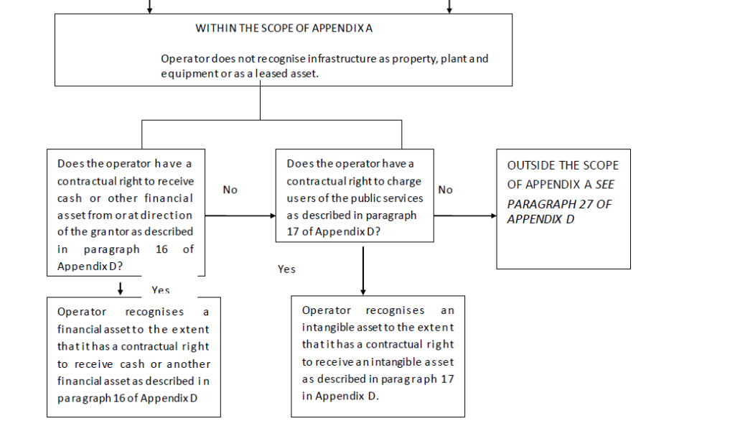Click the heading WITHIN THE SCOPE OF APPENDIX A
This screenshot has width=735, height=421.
click(284, 28)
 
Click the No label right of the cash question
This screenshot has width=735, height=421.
click(230, 190)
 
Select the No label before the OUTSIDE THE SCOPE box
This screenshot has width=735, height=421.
click(445, 190)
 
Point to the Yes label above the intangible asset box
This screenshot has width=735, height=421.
click(286, 269)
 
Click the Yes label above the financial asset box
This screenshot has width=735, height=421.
click(160, 290)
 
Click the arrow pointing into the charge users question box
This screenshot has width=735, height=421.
click(240, 216)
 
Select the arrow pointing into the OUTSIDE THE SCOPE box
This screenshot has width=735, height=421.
click(465, 216)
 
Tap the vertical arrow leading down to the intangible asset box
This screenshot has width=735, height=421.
click(362, 271)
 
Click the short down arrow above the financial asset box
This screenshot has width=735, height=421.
click(121, 289)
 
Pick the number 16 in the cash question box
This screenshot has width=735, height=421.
click(161, 249)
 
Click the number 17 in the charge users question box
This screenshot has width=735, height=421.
click(293, 232)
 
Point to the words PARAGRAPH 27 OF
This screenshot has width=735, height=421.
click(559, 204)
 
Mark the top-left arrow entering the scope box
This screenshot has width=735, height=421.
click(149, 6)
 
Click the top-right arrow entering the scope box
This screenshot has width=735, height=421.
click(449, 6)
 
